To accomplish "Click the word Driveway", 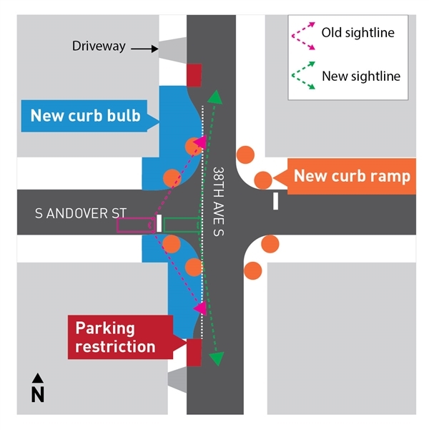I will pos(99,47).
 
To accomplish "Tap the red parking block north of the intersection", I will pos(194,74).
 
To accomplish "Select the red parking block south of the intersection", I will pos(194,352).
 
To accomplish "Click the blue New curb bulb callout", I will pos(84,116).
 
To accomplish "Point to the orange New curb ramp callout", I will pos(351,176).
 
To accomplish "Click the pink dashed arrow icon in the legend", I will pos(302,34).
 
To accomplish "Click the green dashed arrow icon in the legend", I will pos(302,77).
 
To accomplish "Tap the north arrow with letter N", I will pos(38,389).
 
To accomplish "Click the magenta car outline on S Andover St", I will pos(136,225).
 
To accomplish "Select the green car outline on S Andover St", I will pos(181,225).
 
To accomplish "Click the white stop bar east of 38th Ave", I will pos(275,201).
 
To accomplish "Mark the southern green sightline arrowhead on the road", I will pos(217,358).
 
